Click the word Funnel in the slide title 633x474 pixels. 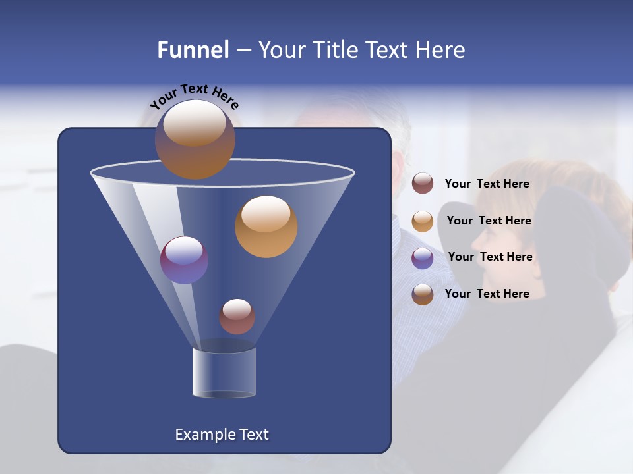coord(193,50)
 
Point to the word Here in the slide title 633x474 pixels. coord(437,50)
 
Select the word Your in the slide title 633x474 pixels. coord(279,50)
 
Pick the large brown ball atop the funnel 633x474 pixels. coord(195,139)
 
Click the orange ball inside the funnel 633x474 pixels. coord(266,226)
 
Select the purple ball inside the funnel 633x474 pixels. coord(184,260)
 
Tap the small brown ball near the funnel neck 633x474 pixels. coord(237,316)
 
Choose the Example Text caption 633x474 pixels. coord(222,434)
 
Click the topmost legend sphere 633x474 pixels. coord(423,184)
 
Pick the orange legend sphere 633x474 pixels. coord(423,221)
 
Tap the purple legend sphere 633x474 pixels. coord(423,258)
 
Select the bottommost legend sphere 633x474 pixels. coord(423,294)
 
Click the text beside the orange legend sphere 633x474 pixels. coord(489,221)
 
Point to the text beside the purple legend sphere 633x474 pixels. coord(490,257)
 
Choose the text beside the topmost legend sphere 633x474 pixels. coord(487,184)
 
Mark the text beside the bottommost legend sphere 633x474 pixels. coord(487,294)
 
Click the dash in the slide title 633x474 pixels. coord(243,51)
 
